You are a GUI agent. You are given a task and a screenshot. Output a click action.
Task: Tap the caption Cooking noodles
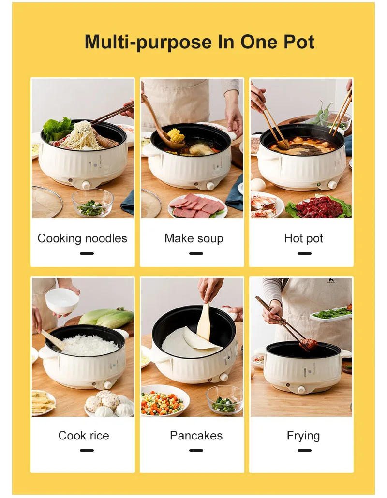click(x=82, y=238)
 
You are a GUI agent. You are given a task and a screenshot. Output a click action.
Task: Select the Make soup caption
click(x=193, y=238)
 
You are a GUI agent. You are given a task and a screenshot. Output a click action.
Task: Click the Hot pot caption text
click(x=303, y=238)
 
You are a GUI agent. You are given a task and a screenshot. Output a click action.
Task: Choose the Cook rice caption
click(x=84, y=436)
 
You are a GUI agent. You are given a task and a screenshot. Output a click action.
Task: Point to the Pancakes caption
click(x=196, y=436)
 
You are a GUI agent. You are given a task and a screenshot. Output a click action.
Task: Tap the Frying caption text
click(x=303, y=436)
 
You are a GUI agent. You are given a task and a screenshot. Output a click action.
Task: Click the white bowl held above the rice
click(x=62, y=300)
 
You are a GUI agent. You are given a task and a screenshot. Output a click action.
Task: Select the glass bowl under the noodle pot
click(x=92, y=203)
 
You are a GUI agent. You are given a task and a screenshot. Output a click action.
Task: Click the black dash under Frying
click(x=304, y=450)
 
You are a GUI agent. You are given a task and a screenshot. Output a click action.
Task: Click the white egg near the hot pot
click(x=257, y=184)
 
